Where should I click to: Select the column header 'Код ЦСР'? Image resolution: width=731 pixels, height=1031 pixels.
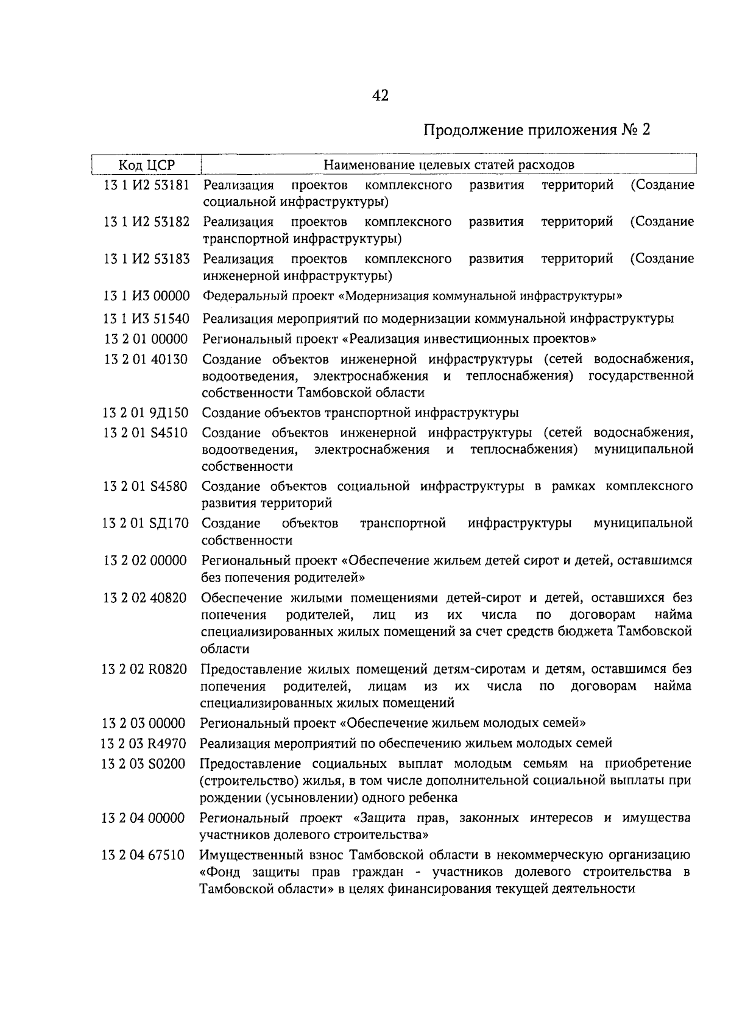tap(146, 165)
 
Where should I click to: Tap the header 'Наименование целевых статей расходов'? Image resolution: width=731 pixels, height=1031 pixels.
tap(448, 165)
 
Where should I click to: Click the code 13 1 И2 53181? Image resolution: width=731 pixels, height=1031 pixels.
tap(146, 185)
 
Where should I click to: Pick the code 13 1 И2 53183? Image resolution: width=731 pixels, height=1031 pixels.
tap(146, 259)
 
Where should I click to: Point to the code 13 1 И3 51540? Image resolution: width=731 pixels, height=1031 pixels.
tap(146, 318)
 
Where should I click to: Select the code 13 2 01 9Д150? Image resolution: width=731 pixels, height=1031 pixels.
tap(146, 413)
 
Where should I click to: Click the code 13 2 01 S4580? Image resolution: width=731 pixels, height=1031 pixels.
tap(146, 487)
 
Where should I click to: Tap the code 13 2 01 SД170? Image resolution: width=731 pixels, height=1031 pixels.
tap(146, 523)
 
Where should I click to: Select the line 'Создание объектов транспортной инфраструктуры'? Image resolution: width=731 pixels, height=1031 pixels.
tap(360, 413)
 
